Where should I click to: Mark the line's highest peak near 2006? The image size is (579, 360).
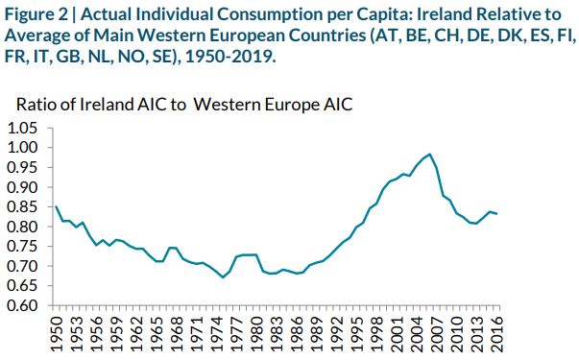tap(429, 154)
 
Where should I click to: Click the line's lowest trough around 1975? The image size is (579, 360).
tap(223, 277)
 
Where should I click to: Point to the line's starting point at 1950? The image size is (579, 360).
tap(57, 206)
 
